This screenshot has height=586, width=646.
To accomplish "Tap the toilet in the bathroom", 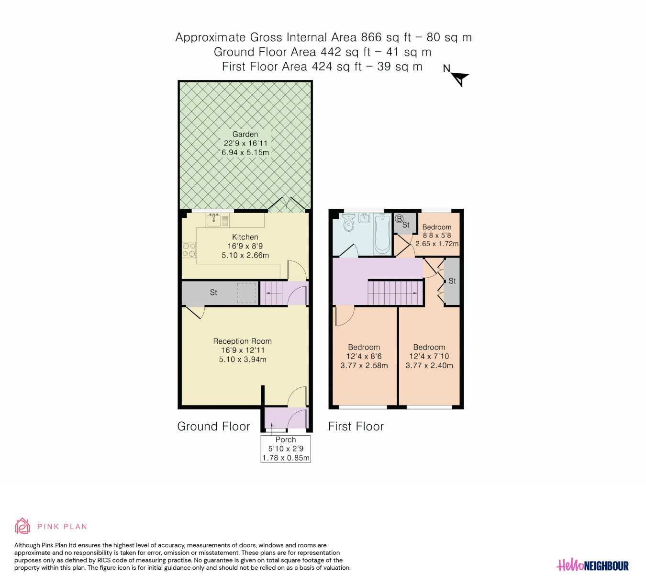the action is coord(348,223).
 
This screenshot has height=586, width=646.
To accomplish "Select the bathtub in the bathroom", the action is coord(383,234).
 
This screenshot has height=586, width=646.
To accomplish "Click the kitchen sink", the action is coord(213,220).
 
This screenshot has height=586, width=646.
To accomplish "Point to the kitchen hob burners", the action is coord(189,250).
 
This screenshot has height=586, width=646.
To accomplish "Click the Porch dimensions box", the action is coord(286,449).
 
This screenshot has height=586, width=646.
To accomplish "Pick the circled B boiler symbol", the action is coord(399,219).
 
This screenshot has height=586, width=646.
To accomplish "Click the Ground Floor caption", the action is coord(213,427).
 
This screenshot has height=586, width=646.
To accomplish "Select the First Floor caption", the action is coord(356,427).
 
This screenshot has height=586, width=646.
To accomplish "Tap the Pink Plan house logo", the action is coord(22,526).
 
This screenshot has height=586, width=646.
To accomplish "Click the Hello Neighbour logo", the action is coord(592,565).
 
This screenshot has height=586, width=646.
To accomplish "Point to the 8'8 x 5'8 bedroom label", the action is coord(437,235).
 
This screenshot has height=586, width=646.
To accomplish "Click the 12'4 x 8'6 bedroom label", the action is coord(364,356).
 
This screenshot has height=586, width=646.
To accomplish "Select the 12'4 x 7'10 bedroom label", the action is coord(429,356).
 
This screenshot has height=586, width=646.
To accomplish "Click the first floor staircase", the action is coord(395,293).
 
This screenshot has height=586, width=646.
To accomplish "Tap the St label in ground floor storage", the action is coord(213,293).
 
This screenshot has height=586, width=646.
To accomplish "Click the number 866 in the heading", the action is coord(371,37).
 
